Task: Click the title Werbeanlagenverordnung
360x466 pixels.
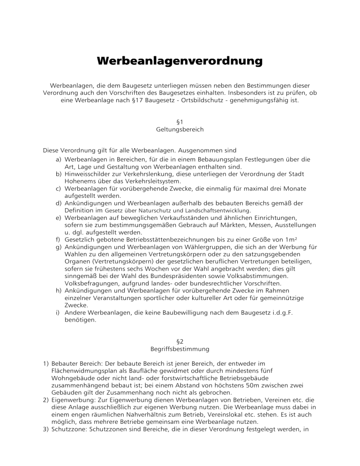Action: [180, 61]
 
